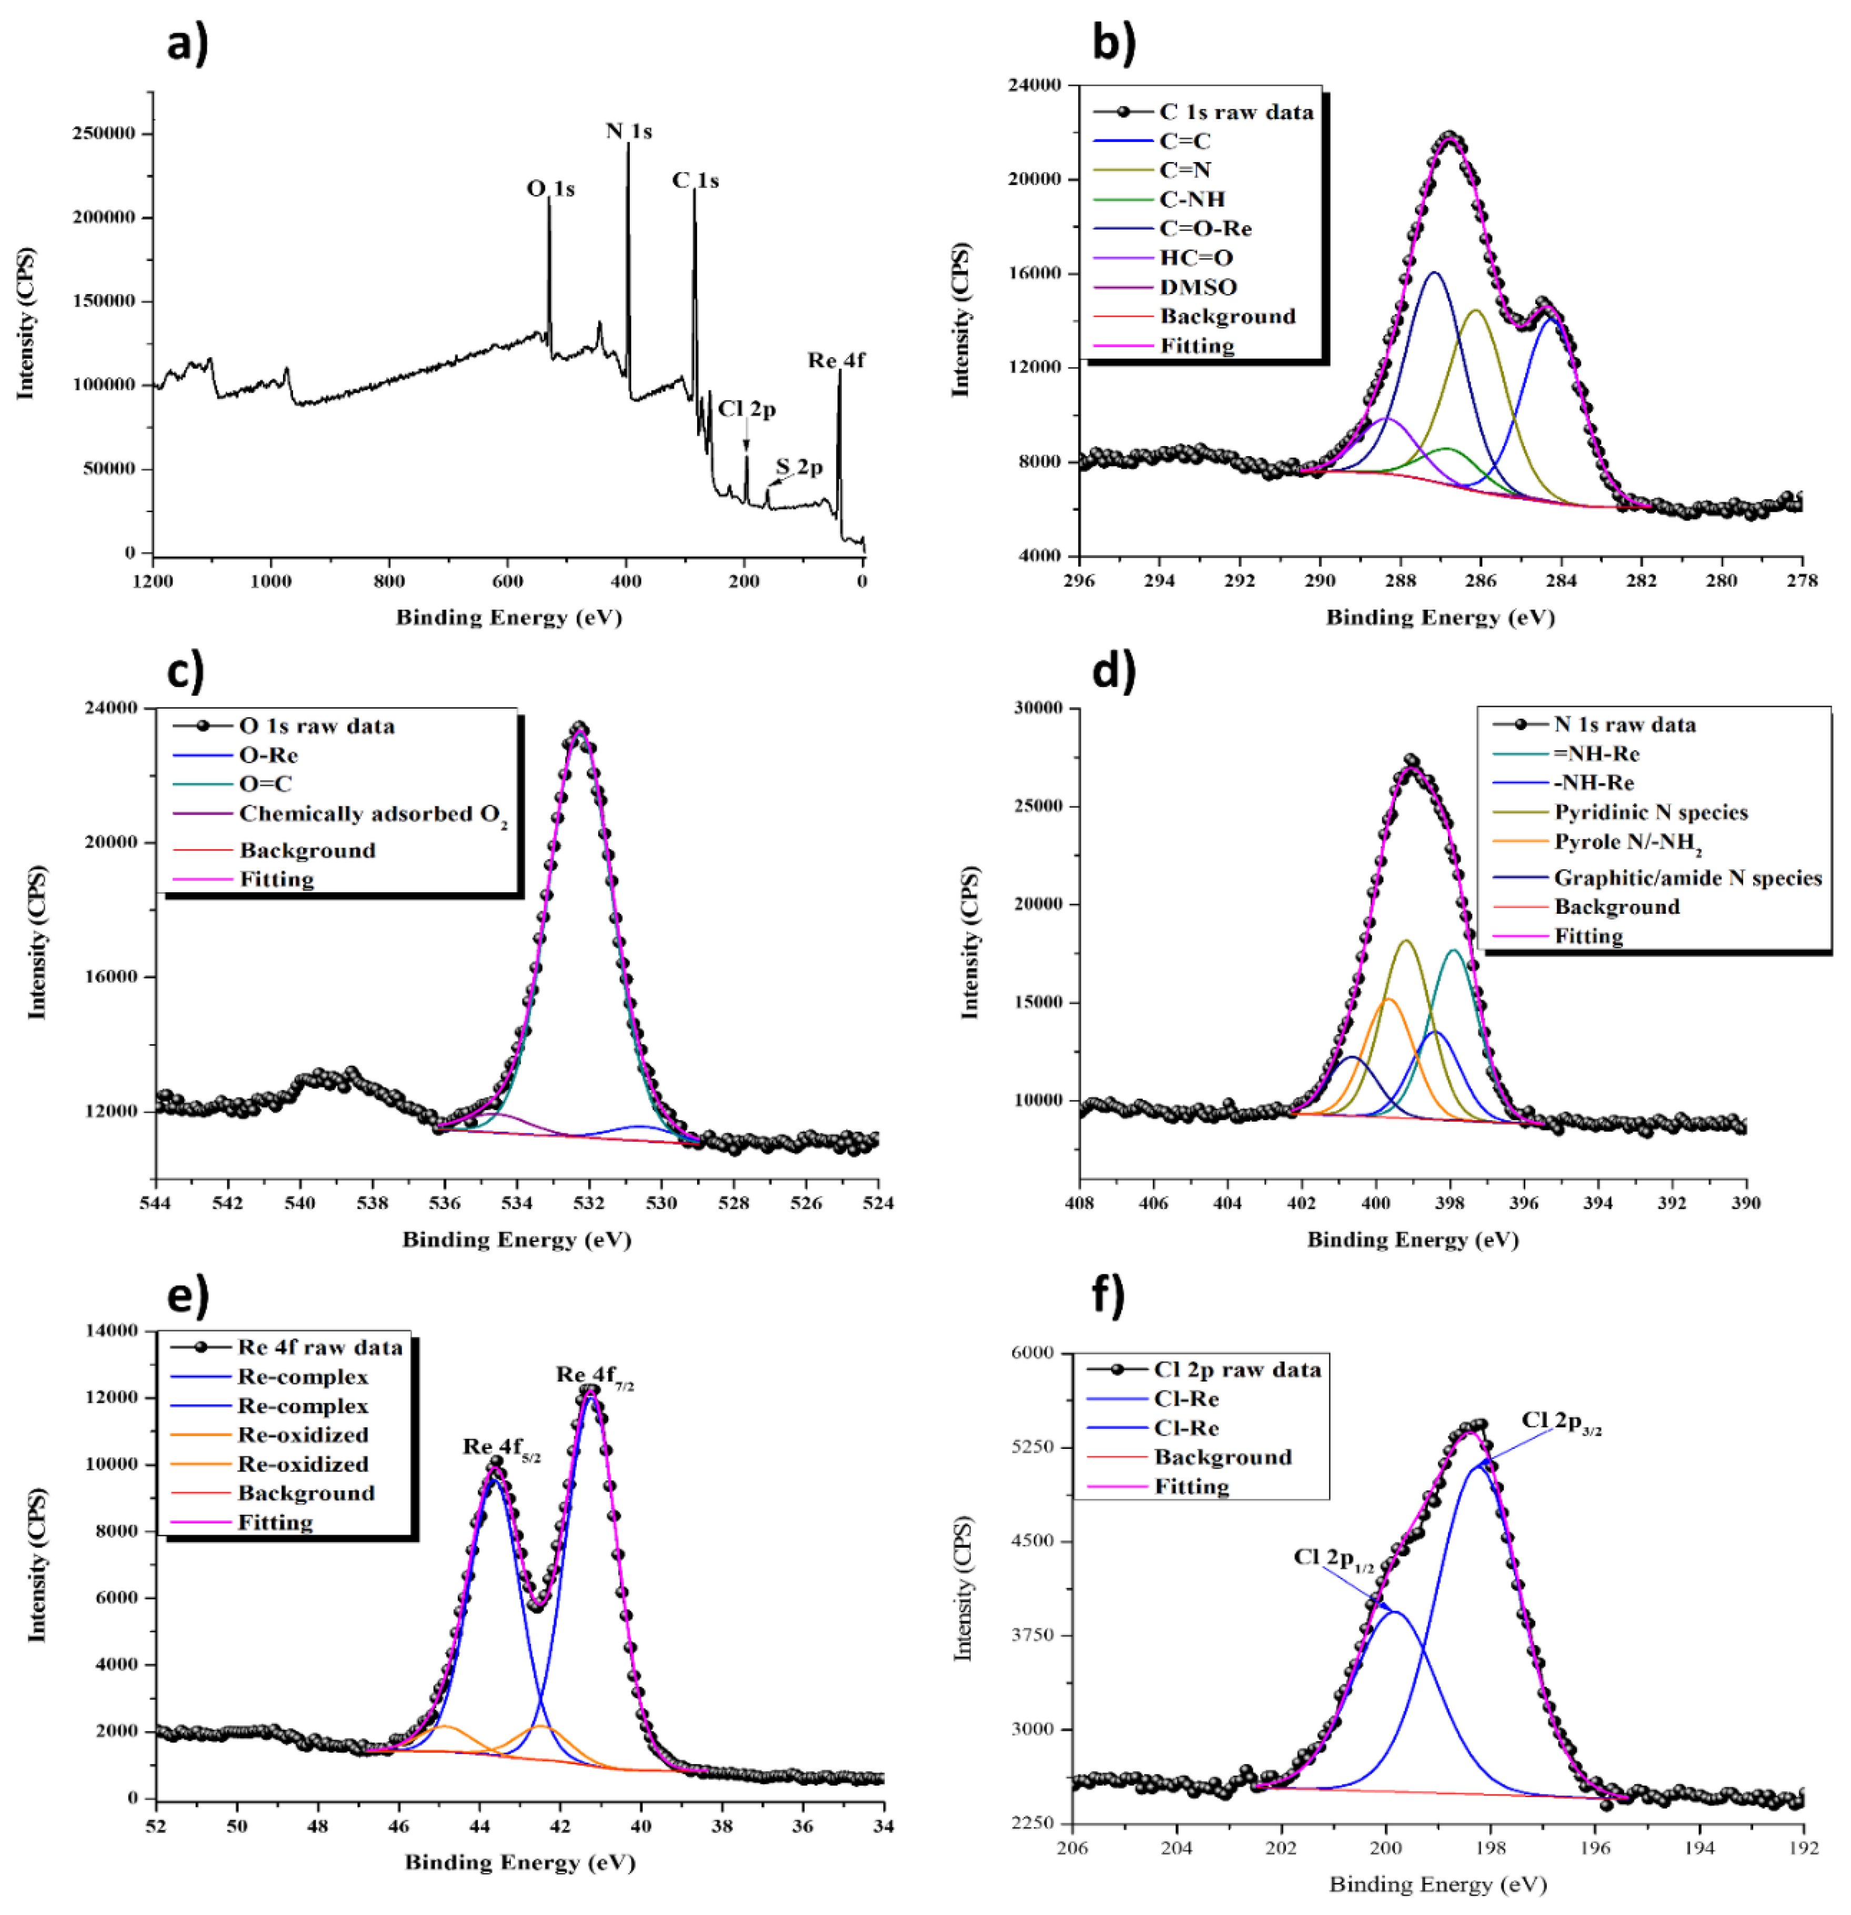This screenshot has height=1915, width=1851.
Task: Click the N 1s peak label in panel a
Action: click(x=628, y=131)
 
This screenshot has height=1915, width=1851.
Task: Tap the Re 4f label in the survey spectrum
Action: click(x=836, y=360)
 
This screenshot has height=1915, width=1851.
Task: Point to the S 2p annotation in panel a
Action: click(x=799, y=467)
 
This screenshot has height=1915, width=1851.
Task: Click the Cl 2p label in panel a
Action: click(x=747, y=408)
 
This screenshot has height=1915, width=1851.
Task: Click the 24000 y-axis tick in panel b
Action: click(x=1034, y=85)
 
